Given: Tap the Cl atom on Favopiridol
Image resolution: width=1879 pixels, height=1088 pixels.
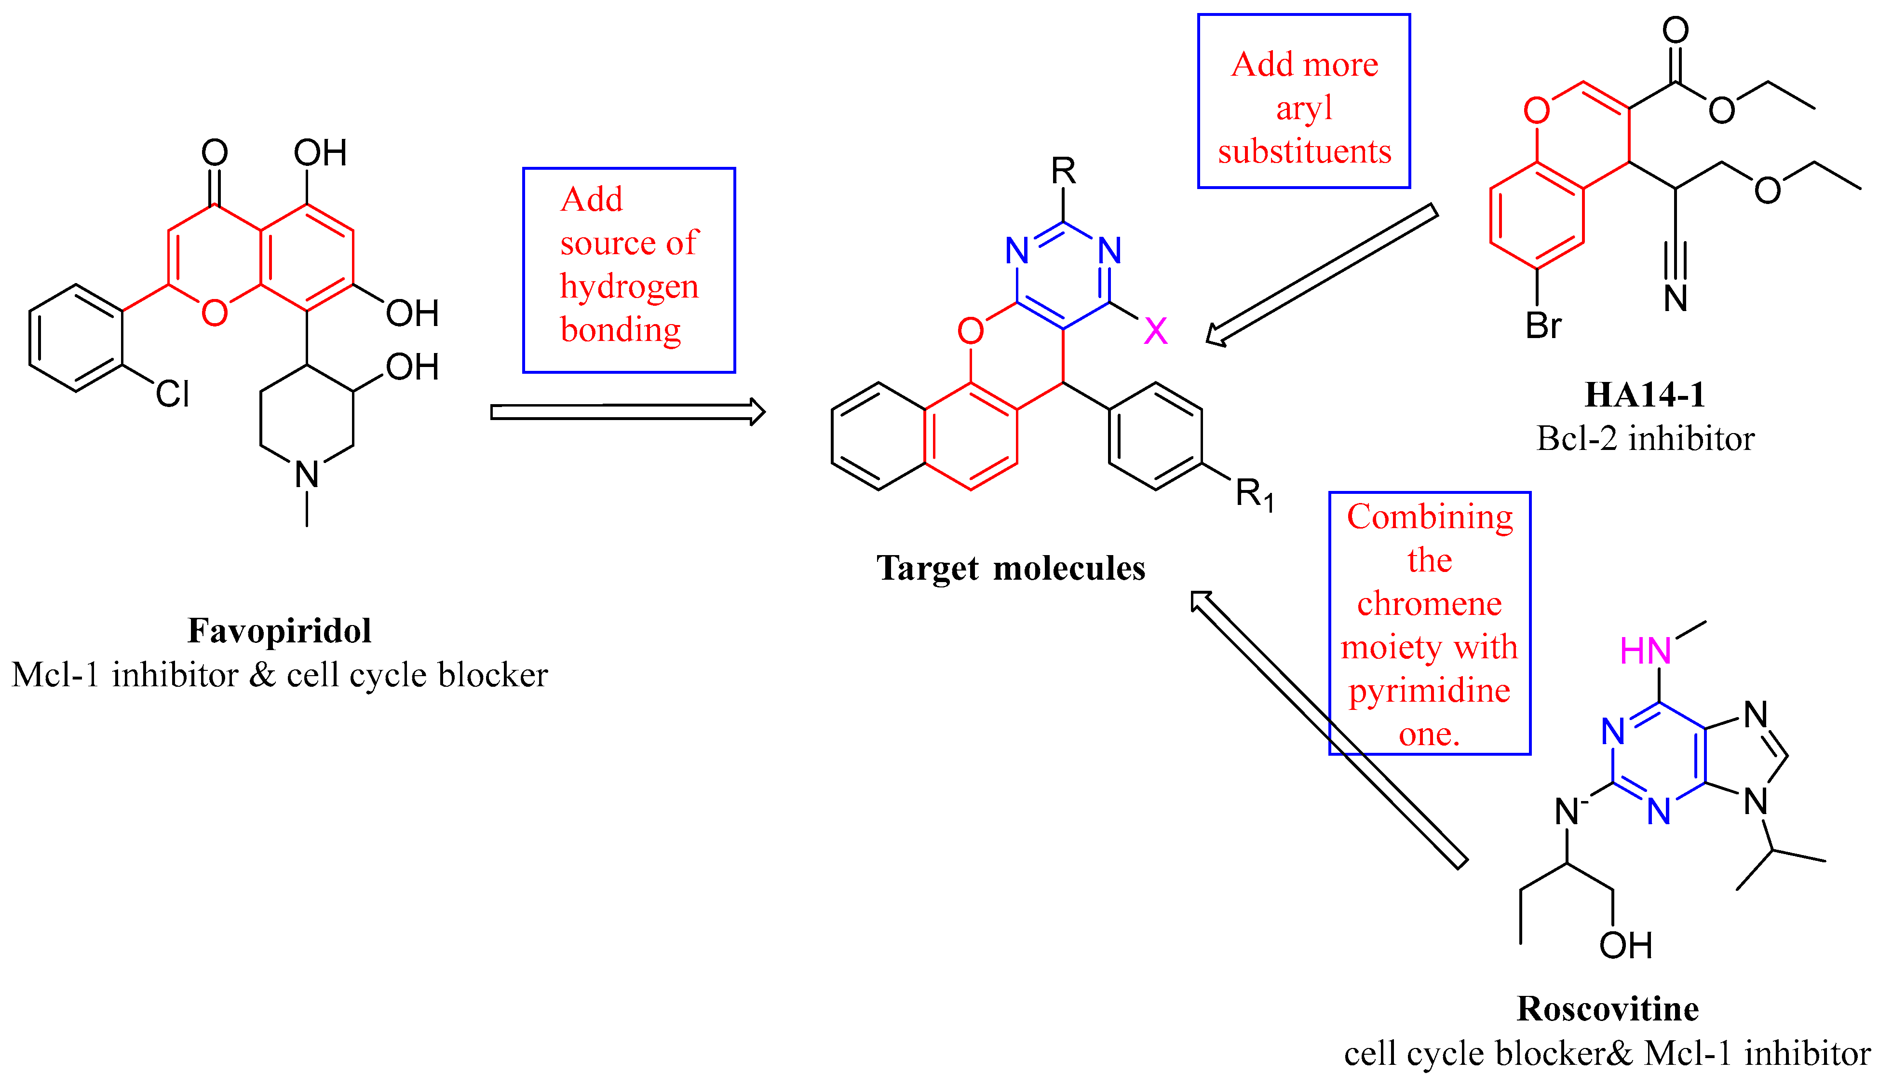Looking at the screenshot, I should point(172,394).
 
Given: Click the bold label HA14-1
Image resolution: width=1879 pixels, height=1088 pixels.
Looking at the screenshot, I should point(1645,395).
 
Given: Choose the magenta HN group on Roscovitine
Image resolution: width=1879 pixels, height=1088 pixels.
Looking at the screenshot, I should point(1645,651).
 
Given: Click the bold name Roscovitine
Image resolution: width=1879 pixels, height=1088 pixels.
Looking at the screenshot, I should point(1608,1009).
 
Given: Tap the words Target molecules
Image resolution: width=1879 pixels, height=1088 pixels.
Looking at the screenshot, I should point(1010,568).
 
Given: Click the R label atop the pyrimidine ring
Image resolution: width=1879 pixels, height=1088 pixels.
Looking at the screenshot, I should point(1063,172).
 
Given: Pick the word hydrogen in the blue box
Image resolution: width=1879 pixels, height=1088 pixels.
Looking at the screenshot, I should point(629,286).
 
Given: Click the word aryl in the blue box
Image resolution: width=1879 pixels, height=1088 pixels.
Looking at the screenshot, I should point(1303,108).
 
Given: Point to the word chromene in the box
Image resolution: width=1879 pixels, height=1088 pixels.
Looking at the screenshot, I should point(1429,603).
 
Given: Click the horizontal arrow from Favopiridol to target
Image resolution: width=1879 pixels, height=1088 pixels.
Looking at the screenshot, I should point(626,412).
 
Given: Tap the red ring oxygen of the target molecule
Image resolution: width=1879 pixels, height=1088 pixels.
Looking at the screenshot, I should point(970,330).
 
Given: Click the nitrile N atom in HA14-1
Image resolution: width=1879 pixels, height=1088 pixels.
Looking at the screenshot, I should point(1676,299).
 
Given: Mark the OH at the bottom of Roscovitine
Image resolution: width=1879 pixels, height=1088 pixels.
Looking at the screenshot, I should point(1625,946).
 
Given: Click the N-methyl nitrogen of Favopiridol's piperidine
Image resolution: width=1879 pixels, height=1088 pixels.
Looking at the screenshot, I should point(307,474).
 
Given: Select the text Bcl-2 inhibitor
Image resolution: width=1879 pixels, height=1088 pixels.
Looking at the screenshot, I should point(1645,438).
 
